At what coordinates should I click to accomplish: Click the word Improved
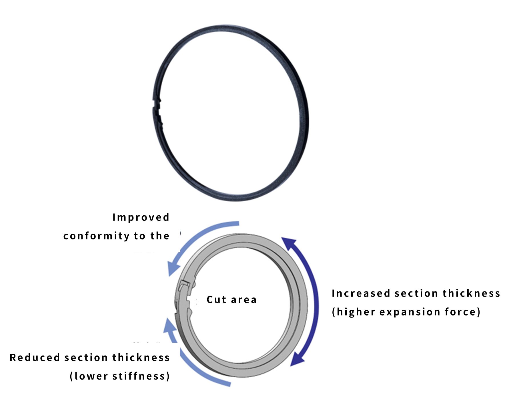tap(141, 217)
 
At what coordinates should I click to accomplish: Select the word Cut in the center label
tap(216, 299)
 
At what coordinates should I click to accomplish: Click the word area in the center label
tap(244, 300)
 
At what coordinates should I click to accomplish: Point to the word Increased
tap(361, 293)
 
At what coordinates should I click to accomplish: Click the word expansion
tap(410, 312)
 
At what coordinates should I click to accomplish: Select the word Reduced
tap(35, 358)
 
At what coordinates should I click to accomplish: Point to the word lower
tap(91, 376)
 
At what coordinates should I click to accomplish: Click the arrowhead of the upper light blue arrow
tap(173, 267)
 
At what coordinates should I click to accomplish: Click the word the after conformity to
tap(160, 236)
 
